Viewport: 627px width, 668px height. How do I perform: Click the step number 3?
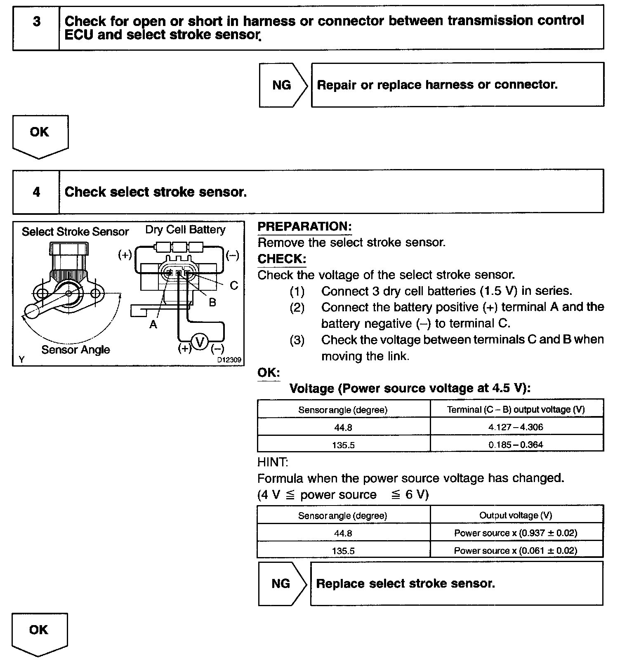(x=36, y=21)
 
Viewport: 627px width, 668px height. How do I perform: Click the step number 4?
(x=36, y=192)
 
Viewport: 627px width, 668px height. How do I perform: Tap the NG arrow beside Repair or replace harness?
(x=282, y=85)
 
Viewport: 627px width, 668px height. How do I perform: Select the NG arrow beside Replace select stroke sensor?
(x=281, y=583)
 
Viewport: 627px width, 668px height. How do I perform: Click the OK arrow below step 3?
(x=40, y=133)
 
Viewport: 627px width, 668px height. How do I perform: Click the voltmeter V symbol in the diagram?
(x=200, y=342)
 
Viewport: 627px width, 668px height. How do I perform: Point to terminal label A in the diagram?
(x=153, y=325)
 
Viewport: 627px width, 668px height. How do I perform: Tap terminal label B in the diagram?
(x=212, y=302)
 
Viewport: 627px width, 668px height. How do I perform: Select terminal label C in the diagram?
(x=233, y=285)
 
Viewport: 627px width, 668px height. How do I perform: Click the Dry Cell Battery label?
(x=185, y=230)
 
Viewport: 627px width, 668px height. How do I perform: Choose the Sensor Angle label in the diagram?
(x=76, y=350)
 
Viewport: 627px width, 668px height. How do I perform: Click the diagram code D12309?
(x=229, y=360)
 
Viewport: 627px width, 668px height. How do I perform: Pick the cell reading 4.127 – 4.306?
(x=516, y=427)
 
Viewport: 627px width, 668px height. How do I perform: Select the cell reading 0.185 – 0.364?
(x=516, y=445)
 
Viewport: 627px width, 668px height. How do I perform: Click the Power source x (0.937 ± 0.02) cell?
(x=516, y=533)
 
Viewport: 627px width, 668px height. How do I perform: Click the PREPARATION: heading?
(x=304, y=226)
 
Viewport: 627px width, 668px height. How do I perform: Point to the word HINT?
(x=273, y=462)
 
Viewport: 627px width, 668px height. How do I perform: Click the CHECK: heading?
(x=282, y=259)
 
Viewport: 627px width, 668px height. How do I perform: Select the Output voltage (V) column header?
(x=516, y=515)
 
